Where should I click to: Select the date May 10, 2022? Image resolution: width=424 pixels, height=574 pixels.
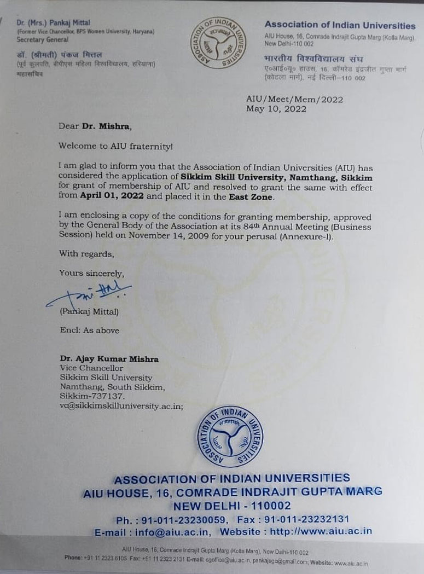tap(276, 109)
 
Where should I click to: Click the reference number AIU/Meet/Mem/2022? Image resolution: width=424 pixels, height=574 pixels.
tap(288, 100)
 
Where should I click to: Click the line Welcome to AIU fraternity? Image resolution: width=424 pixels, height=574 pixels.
tap(116, 146)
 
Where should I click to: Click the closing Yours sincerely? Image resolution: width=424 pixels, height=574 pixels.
tap(92, 273)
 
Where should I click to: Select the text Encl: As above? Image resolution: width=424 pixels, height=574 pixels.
tap(90, 330)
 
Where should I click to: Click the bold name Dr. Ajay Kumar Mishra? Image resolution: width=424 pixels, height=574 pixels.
tap(109, 359)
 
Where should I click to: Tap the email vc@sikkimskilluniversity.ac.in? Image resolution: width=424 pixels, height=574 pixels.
tap(121, 405)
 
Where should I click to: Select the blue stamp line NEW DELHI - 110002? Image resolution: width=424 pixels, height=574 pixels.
tap(233, 506)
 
